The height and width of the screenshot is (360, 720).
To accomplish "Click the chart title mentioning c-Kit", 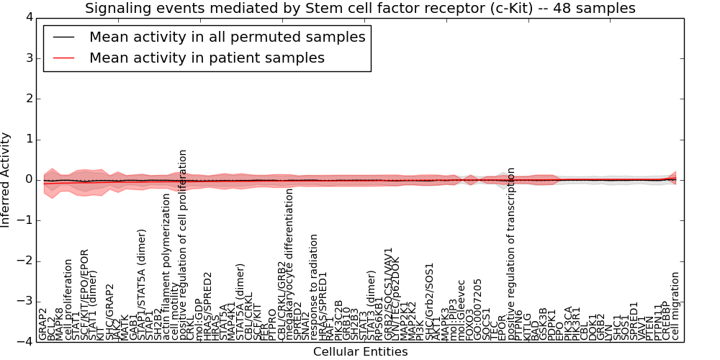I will point(360,9).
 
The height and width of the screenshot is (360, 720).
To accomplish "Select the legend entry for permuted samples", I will point(227,37).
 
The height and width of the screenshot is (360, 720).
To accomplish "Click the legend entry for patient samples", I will point(207,58).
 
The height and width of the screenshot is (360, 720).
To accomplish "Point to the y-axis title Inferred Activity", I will point(6,179).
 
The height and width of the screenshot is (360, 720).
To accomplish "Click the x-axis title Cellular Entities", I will point(360,352).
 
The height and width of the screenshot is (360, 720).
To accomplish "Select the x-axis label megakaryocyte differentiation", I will point(289,264).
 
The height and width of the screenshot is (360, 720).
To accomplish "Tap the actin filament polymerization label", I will point(166,266).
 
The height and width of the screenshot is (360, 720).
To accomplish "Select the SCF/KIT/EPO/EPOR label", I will point(85,297).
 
